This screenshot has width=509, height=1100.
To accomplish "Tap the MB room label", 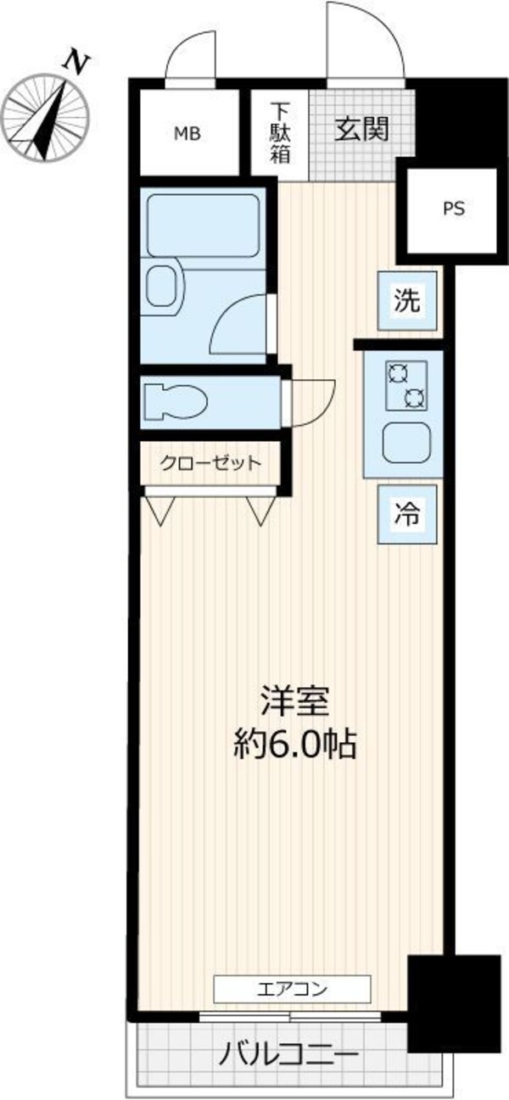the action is pyautogui.click(x=187, y=133).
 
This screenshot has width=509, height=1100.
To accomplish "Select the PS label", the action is pyautogui.click(x=455, y=209).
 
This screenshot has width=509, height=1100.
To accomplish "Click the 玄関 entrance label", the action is pyautogui.click(x=362, y=129).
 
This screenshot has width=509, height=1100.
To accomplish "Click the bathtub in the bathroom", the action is pyautogui.click(x=203, y=226).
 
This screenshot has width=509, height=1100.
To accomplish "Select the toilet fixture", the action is pyautogui.click(x=175, y=402).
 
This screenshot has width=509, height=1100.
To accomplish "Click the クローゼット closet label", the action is pyautogui.click(x=211, y=463).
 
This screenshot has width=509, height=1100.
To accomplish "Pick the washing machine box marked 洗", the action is pyautogui.click(x=407, y=300).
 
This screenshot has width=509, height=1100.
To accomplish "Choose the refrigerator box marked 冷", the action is pyautogui.click(x=407, y=514).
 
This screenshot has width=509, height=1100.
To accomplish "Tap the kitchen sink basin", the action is pyautogui.click(x=407, y=443).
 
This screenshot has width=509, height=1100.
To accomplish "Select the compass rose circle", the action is pyautogui.click(x=45, y=117).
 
